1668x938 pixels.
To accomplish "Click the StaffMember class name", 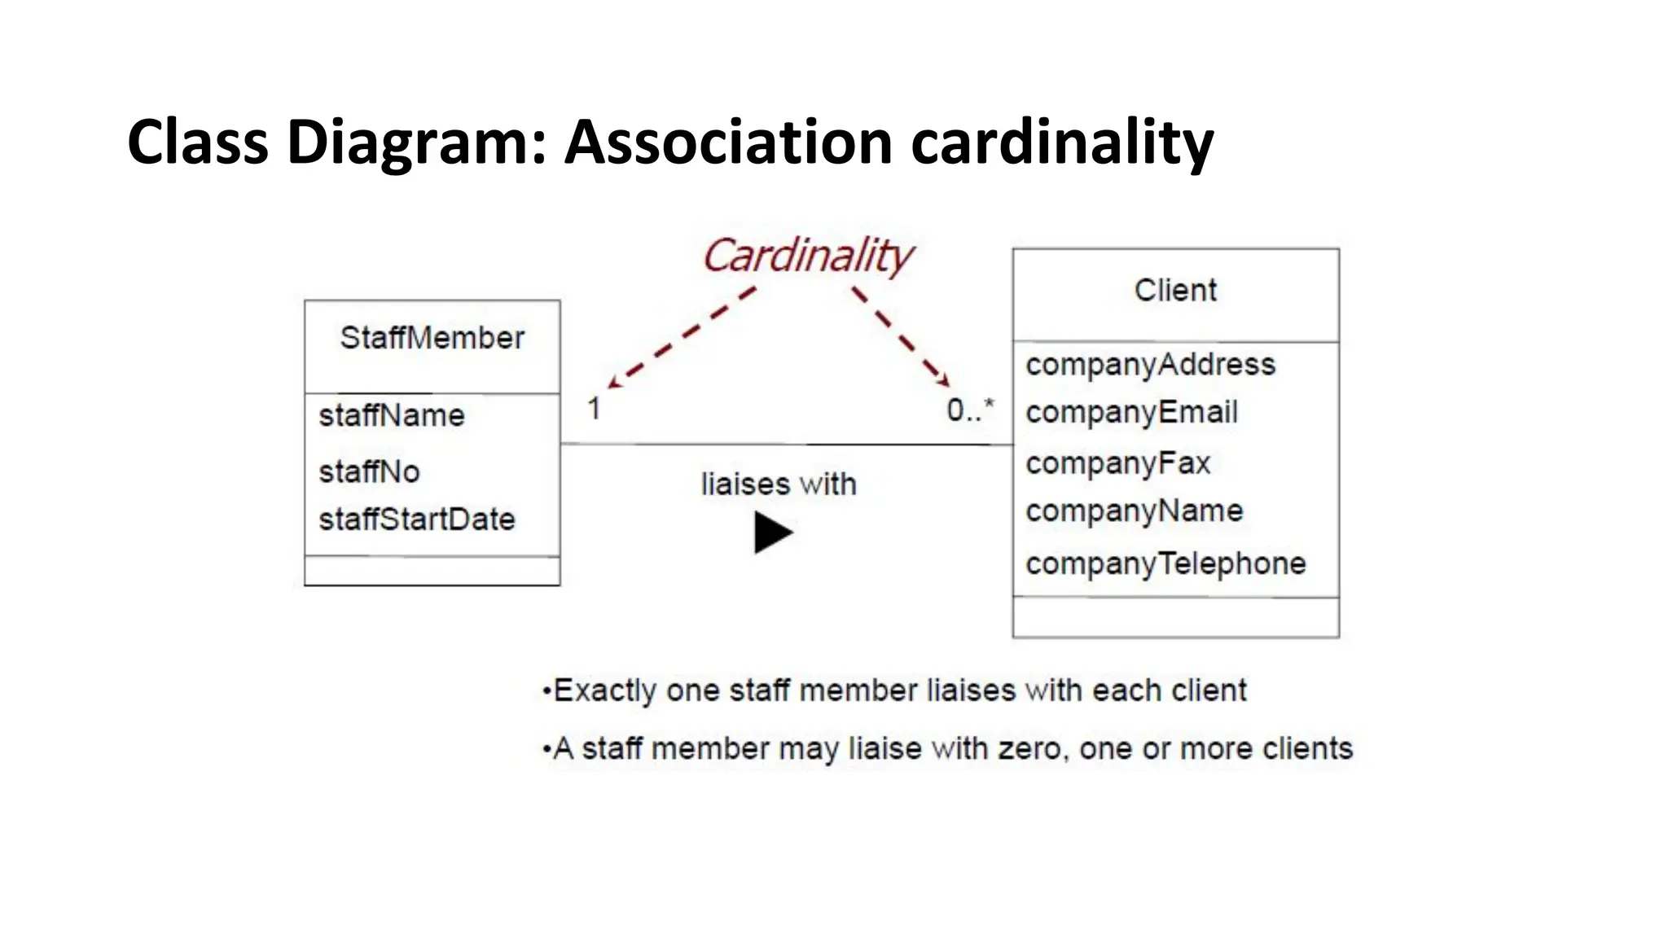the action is tap(432, 338).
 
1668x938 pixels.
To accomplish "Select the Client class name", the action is tap(1175, 291).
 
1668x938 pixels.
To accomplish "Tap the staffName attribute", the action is tap(392, 416).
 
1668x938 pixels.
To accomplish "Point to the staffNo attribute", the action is tap(369, 471).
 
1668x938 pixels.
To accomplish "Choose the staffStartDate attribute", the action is tap(417, 519).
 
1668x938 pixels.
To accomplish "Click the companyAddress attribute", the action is tap(1150, 365).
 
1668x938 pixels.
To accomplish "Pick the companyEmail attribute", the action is tap(1131, 413).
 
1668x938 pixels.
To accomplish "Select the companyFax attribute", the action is tap(1117, 463).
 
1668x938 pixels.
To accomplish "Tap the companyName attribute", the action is tap(1134, 511).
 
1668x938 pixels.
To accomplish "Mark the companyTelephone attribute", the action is tap(1165, 563).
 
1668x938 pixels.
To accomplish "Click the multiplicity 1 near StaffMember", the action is tap(594, 409).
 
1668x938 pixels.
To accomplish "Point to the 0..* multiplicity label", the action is tap(970, 410).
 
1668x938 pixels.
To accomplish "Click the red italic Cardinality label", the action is tap(807, 256).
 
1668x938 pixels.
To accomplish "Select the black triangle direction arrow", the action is tap(772, 533).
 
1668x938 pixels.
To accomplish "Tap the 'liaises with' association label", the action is tap(779, 484).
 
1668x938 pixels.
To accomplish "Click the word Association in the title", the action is tap(728, 142).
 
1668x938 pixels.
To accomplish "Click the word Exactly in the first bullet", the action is tap(604, 691).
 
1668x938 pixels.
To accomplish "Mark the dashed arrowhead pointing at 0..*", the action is tap(944, 381).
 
